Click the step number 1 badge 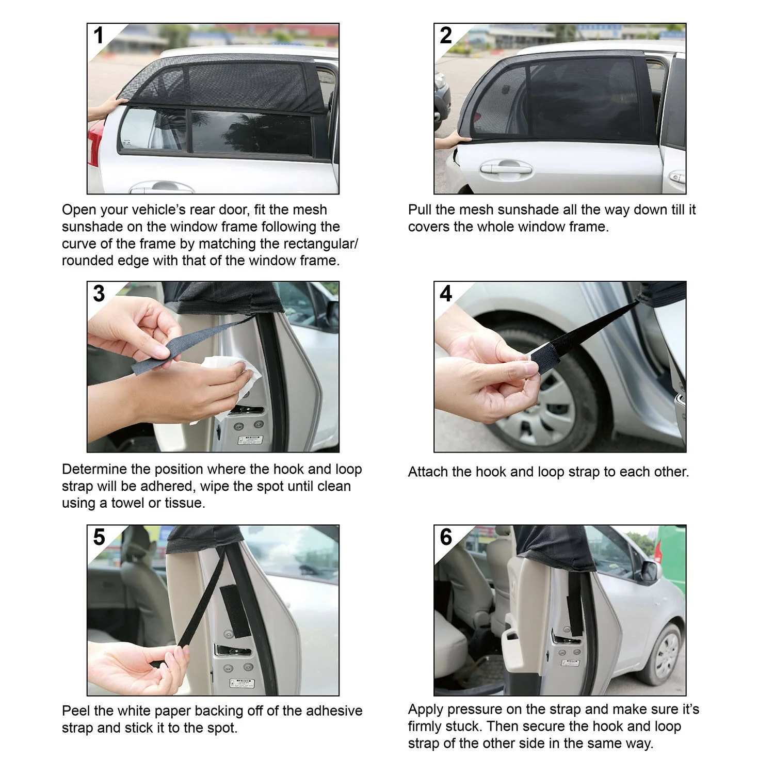tap(99, 36)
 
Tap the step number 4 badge tap(446, 294)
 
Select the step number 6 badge tap(446, 537)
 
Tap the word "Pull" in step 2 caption tap(420, 209)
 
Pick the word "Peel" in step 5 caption tap(75, 711)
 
